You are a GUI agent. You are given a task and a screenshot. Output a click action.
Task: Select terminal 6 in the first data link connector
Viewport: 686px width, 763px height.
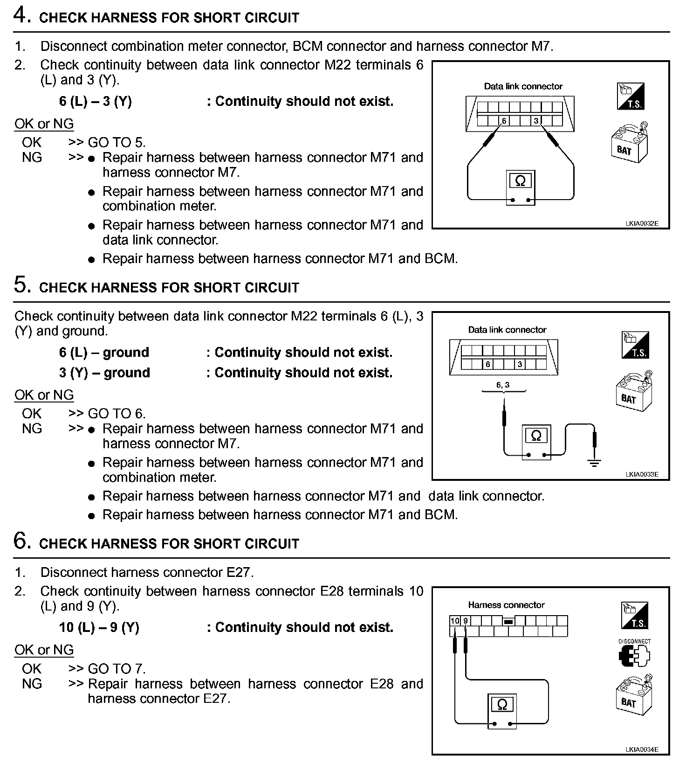coord(504,121)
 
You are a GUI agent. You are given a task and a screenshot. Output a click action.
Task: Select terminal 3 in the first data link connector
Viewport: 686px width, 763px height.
coord(536,121)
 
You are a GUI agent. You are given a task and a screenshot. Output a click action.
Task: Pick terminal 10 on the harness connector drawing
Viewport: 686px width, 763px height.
coord(455,621)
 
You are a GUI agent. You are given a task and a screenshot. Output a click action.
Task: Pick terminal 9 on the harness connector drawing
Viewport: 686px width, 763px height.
coord(466,621)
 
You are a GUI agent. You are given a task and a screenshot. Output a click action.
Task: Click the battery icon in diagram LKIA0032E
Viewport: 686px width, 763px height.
coord(628,143)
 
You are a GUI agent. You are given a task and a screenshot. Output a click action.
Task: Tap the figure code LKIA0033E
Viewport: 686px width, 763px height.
coord(642,475)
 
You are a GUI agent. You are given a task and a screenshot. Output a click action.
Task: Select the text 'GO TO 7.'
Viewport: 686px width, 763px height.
coord(117,669)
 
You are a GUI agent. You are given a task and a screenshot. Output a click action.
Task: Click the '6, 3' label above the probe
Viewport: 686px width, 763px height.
coord(503,385)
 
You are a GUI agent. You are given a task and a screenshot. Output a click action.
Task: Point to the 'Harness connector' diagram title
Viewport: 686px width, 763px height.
coord(506,605)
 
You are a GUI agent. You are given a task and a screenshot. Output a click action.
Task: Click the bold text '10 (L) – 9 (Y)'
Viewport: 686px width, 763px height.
coord(99,627)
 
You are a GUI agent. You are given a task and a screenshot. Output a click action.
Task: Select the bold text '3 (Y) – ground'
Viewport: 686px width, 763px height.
coord(104,373)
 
